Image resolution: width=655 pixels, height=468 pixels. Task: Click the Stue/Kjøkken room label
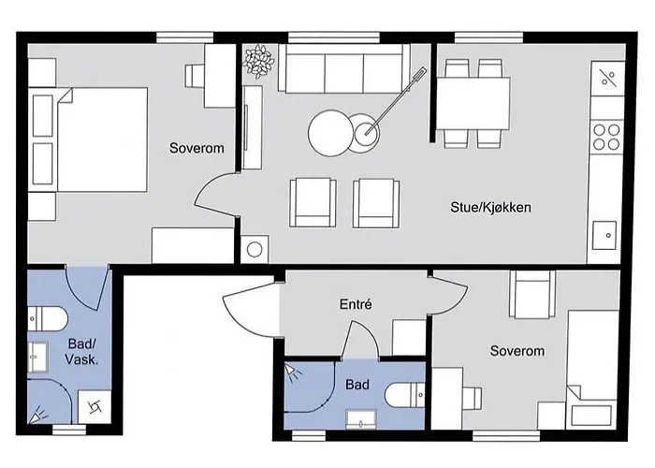pos(490,207)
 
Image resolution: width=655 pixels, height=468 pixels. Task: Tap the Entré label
pos(356,304)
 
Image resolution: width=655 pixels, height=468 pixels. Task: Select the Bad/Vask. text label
pos(81,351)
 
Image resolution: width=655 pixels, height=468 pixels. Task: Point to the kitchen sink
pos(604,236)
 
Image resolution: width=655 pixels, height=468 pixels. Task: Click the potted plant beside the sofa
pos(259,61)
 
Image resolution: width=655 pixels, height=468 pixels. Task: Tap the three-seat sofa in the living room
pos(343,68)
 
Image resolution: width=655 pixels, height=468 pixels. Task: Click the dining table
pos(473,104)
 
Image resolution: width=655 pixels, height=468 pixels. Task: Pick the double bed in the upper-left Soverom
pos(90,139)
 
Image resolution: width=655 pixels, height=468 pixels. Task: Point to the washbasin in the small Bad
pos(361,419)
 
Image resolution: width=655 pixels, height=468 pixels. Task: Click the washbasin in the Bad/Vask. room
pos(38,358)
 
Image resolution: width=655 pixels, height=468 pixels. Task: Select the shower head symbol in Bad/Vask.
pos(39,414)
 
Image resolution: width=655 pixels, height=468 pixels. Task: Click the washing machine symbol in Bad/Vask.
pos(95,407)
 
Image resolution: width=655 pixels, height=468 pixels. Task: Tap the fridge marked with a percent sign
pos(608,79)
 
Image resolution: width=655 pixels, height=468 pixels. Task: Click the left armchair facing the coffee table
pos(313,203)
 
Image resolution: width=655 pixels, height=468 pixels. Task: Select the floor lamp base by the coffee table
pos(367,134)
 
